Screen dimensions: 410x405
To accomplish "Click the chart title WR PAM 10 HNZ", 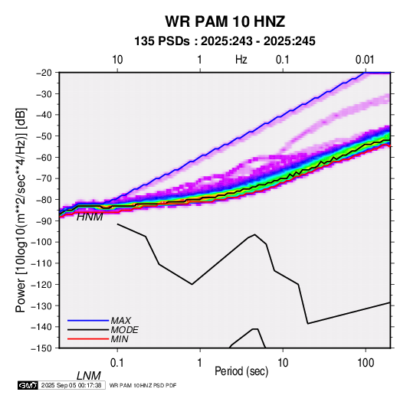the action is point(225,21).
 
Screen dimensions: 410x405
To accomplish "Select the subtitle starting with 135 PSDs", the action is point(225,41).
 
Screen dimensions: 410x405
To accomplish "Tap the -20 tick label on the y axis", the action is point(44,73).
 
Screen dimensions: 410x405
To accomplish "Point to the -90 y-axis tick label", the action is point(44,221).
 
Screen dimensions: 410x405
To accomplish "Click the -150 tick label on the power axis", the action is point(41,348).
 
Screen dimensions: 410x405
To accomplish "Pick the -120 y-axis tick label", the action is point(41,284).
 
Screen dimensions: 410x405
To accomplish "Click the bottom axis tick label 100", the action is point(366,363).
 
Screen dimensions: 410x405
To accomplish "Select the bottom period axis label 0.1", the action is point(117,363).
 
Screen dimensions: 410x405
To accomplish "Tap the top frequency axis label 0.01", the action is point(365,60).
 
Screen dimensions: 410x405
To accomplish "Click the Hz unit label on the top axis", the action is point(241,60).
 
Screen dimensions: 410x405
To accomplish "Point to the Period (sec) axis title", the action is point(241,371).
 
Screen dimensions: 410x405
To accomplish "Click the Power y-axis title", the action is point(21,210).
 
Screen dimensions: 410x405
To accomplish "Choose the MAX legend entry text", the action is point(121,320).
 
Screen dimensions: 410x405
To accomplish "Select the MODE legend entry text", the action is point(124,330).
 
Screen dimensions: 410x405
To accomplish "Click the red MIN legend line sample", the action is point(88,339).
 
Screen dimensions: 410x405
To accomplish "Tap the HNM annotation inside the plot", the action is point(90,217).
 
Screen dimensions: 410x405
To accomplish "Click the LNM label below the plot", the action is point(89,376).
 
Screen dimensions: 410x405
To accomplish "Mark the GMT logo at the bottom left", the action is point(28,385).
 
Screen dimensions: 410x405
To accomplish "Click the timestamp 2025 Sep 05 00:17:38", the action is point(71,385).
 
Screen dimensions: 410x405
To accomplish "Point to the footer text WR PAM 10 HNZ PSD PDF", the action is point(143,385).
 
